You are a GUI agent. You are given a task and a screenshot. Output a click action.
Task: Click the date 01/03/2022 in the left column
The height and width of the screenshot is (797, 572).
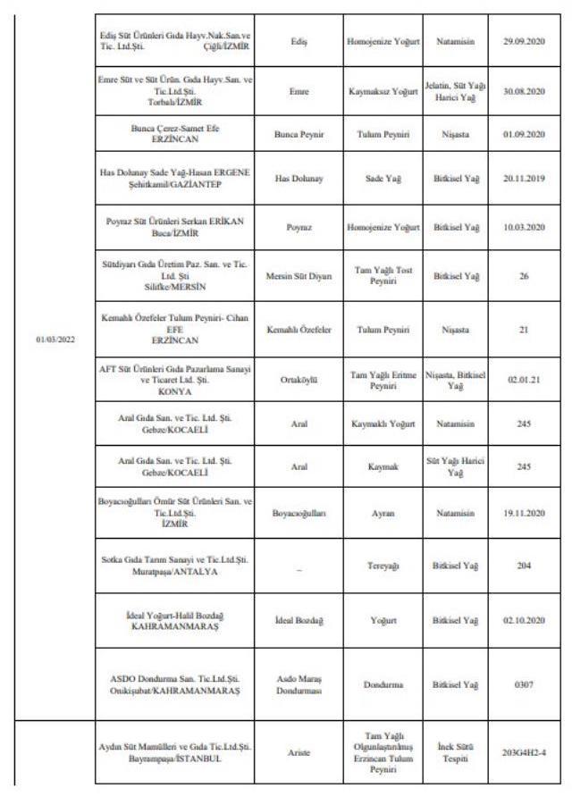(x=55, y=340)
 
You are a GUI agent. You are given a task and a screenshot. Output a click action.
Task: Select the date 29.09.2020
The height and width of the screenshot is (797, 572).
(x=523, y=41)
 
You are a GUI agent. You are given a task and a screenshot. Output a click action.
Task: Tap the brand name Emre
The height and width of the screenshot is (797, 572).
(x=299, y=90)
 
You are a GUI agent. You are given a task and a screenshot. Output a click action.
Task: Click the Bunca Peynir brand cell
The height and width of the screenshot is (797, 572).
(x=299, y=134)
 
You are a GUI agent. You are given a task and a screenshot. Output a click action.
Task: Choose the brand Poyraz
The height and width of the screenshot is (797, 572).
(x=299, y=227)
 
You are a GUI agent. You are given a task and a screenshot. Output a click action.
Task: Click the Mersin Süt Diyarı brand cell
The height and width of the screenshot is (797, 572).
(x=299, y=276)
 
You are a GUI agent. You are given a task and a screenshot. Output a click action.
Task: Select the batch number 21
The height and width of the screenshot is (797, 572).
(x=523, y=329)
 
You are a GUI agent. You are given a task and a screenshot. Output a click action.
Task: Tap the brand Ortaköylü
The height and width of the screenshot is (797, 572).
(x=299, y=379)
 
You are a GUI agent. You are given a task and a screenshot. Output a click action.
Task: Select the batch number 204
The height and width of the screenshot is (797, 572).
(x=523, y=565)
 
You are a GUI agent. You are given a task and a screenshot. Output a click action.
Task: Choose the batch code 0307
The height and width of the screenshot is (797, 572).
(x=523, y=684)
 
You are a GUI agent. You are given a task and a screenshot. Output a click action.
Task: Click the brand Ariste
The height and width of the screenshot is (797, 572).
(x=299, y=752)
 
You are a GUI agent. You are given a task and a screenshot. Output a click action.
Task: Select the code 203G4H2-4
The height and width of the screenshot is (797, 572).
(x=523, y=752)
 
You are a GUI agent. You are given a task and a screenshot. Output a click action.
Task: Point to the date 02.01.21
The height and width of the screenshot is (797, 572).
(x=523, y=379)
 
